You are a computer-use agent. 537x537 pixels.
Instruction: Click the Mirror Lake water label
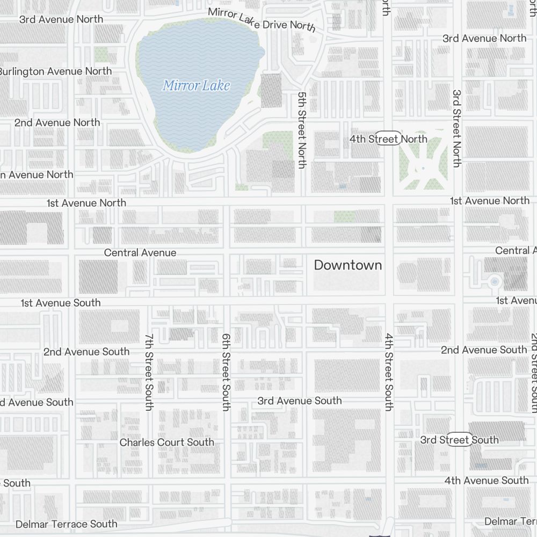pos(196,85)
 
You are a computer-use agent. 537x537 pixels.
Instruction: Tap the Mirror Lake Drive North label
pos(261,20)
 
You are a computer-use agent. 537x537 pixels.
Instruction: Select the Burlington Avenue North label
pos(56,71)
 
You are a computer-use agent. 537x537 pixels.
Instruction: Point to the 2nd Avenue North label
pos(57,122)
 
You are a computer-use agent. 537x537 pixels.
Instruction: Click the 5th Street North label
pos(301,129)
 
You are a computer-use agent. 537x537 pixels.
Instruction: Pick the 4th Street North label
pos(388,139)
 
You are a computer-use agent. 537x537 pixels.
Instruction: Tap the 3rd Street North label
pos(456,128)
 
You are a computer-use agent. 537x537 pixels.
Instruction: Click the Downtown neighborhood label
pos(348,265)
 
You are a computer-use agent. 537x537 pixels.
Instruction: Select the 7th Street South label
pos(149,372)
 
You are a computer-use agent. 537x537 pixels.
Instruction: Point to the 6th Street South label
pos(226,372)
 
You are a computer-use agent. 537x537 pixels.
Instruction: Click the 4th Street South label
pos(388,372)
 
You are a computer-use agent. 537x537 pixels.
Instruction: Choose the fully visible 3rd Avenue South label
pos(299,401)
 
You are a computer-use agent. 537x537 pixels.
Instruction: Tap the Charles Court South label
pos(166,442)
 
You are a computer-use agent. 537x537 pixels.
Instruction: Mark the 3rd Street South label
pos(459,440)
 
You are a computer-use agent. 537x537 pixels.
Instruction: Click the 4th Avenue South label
pos(487,480)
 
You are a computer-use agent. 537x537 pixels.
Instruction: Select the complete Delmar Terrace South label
pos(66,524)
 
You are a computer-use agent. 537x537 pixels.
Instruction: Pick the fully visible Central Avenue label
pos(140,252)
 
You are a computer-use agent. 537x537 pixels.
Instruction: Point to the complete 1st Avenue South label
pos(60,303)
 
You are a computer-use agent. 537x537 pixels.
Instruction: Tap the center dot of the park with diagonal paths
pos(423,168)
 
